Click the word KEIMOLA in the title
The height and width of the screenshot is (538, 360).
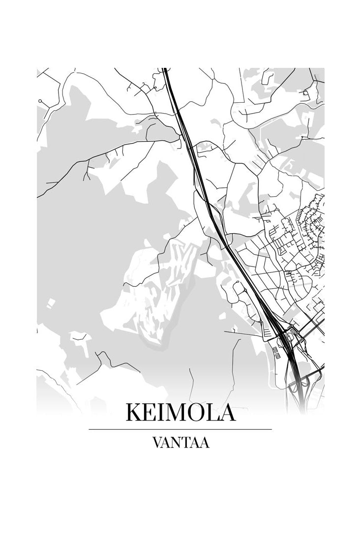click(x=180, y=412)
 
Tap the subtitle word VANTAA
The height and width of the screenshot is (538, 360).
click(x=180, y=443)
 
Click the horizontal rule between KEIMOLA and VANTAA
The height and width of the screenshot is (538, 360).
click(x=180, y=429)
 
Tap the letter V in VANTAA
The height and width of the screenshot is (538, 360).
click(x=158, y=443)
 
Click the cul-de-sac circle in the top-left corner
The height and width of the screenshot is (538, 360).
click(x=40, y=101)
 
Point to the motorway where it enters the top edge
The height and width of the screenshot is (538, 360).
click(x=166, y=71)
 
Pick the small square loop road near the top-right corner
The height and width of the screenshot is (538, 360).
click(x=305, y=92)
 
